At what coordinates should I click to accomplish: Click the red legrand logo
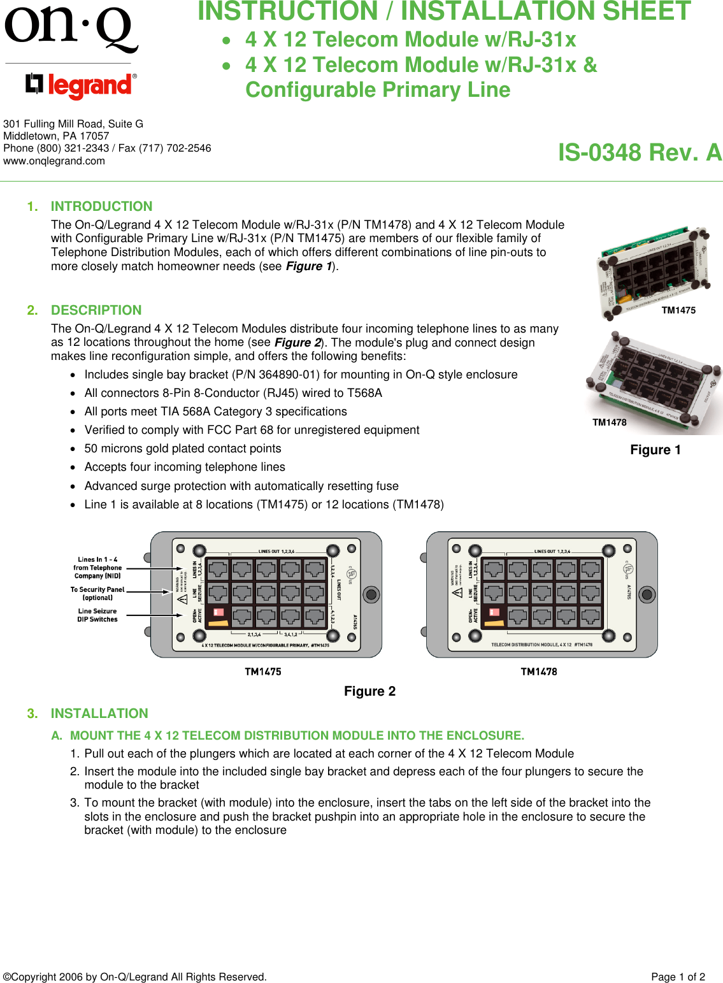point(81,85)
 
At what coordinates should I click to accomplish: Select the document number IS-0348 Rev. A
point(639,153)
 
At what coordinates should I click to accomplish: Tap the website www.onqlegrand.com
point(54,161)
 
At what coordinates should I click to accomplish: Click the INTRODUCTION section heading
point(101,206)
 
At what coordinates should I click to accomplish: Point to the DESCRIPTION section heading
point(96,310)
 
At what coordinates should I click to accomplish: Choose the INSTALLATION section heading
point(99,714)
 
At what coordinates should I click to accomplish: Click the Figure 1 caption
point(655,450)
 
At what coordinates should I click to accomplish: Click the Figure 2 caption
point(369,691)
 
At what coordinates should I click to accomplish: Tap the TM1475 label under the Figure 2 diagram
point(263,671)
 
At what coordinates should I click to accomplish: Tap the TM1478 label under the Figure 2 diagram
point(539,671)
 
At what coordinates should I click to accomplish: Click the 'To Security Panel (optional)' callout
point(97,594)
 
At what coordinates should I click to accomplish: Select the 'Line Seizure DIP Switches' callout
point(97,615)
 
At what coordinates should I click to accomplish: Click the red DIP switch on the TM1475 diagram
point(218,612)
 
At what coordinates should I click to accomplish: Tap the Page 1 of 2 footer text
point(678,977)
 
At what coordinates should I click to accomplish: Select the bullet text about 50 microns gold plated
point(183,448)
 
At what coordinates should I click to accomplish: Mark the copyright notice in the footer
point(135,977)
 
